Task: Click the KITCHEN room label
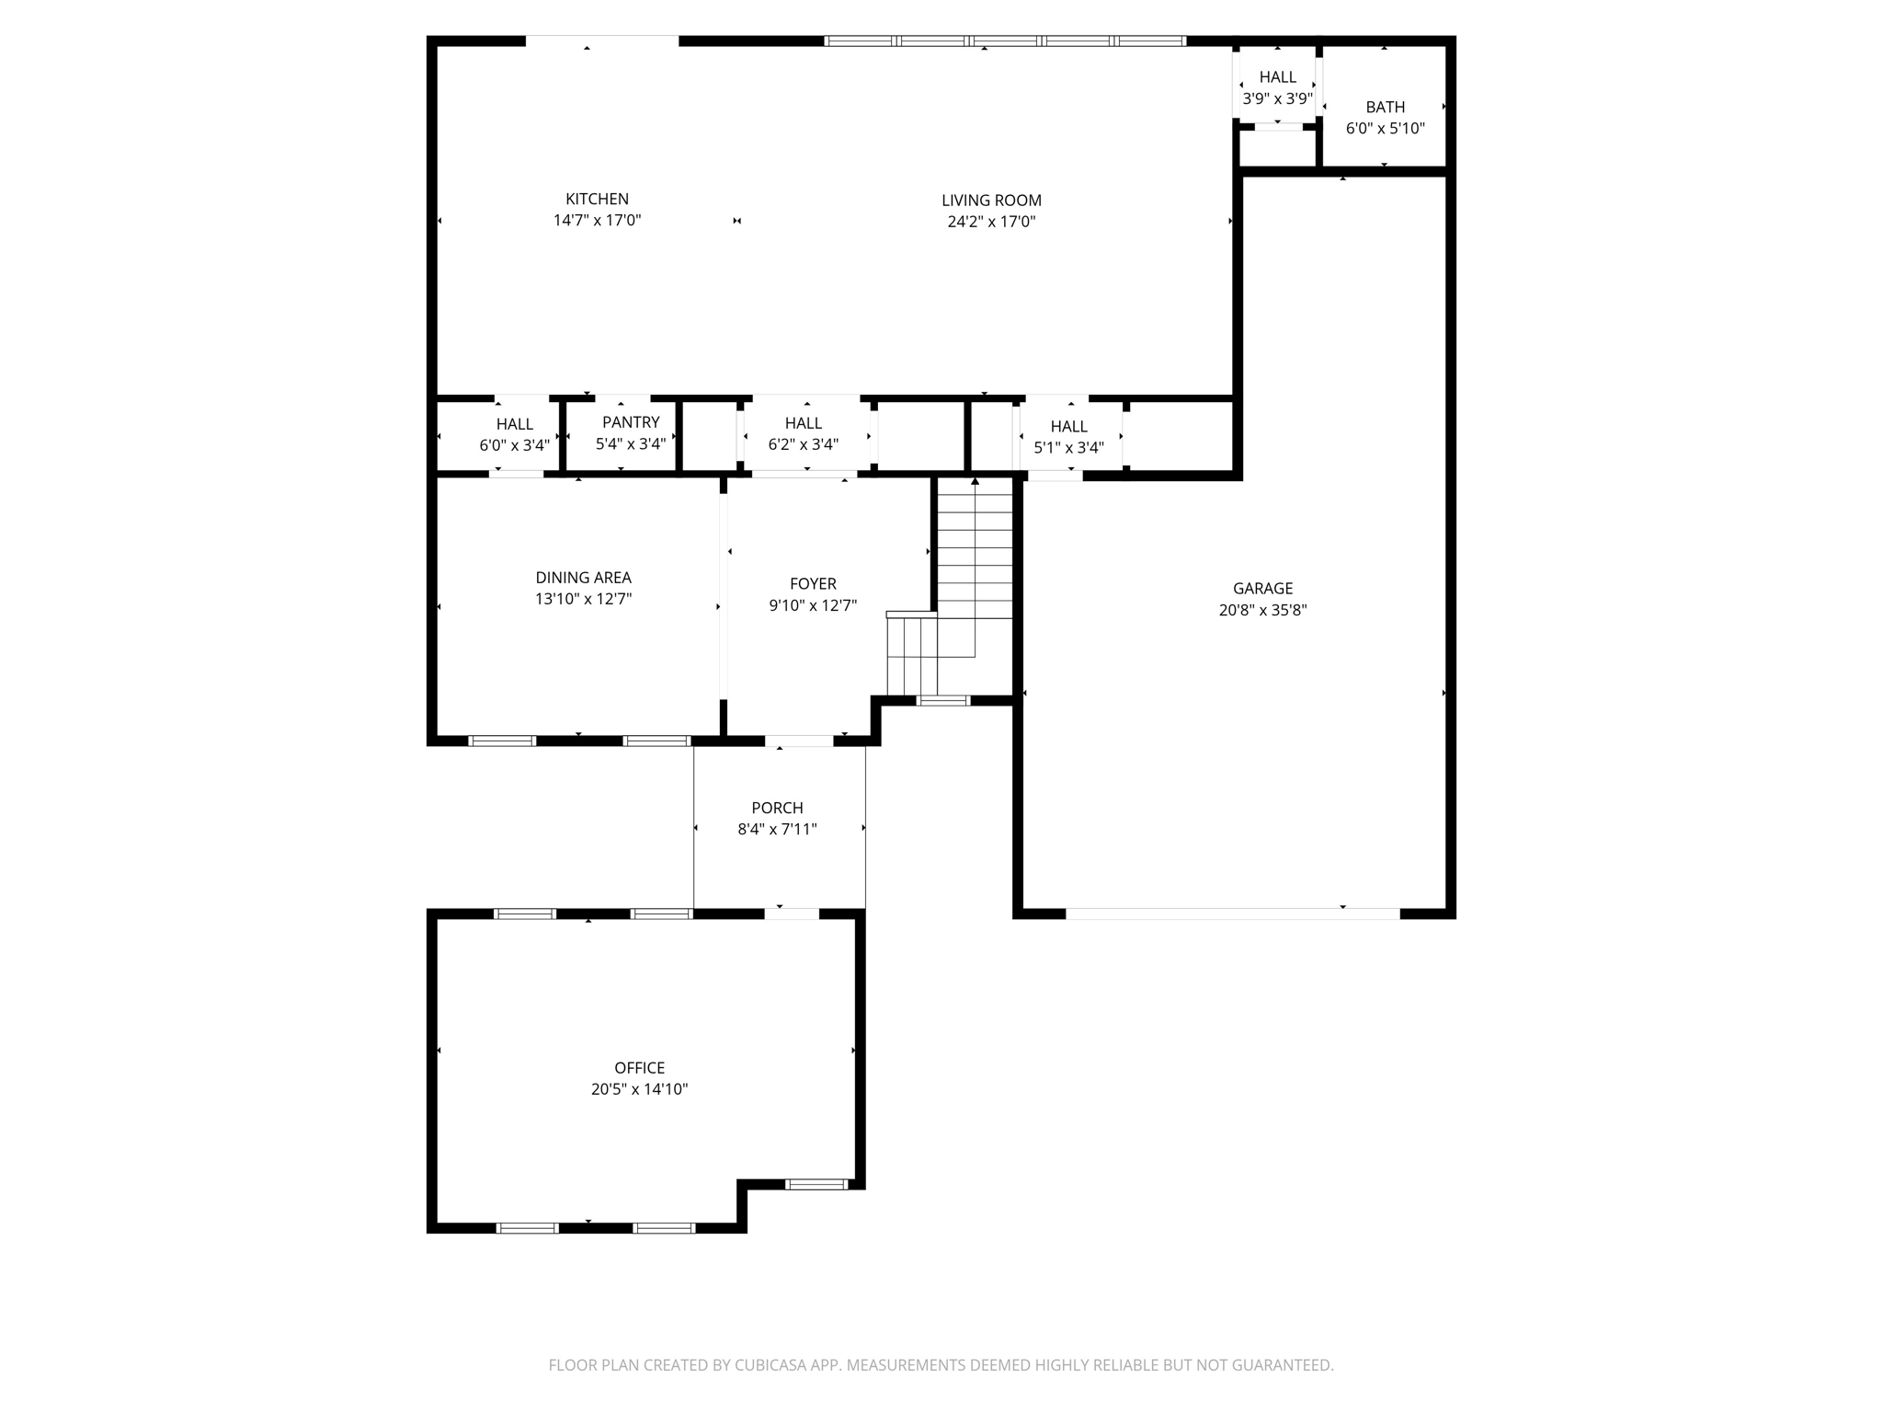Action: pyautogui.click(x=597, y=199)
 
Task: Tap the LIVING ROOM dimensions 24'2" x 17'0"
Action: pyautogui.click(x=991, y=222)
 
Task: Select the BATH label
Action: pyautogui.click(x=1385, y=107)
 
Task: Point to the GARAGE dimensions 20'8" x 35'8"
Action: pyautogui.click(x=1262, y=610)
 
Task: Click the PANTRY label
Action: pyautogui.click(x=631, y=422)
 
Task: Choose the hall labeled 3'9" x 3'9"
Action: pyautogui.click(x=1277, y=88)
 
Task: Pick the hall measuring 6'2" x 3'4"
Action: pyautogui.click(x=803, y=434)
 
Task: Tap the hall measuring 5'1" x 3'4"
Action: pyautogui.click(x=1068, y=437)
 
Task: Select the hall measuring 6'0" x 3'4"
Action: pyautogui.click(x=514, y=435)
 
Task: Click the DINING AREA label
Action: pyautogui.click(x=583, y=578)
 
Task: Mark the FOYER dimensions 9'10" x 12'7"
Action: pyautogui.click(x=813, y=605)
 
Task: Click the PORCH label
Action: pyautogui.click(x=777, y=808)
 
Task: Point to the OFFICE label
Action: pyautogui.click(x=639, y=1068)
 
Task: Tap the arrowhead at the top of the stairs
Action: pyautogui.click(x=975, y=481)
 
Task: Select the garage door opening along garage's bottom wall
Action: pyautogui.click(x=1232, y=913)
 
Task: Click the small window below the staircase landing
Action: pyautogui.click(x=943, y=701)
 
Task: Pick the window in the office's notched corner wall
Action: pyautogui.click(x=816, y=1184)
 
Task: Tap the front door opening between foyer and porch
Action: pyautogui.click(x=799, y=741)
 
